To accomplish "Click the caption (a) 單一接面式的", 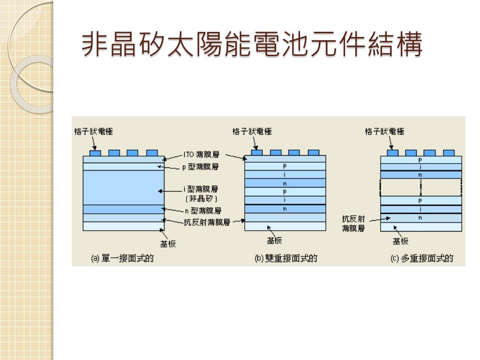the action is (x=122, y=258).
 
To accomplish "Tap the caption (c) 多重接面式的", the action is (x=422, y=258).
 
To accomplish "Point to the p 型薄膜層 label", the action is (x=200, y=166).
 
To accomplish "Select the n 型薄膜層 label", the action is (x=203, y=211).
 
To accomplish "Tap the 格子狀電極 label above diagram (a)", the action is (x=94, y=132).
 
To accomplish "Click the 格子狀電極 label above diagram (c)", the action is (x=384, y=132).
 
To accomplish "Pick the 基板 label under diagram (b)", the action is (x=274, y=241).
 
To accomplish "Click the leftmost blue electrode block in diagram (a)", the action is (x=95, y=153).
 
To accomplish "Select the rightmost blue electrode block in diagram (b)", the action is (x=314, y=153).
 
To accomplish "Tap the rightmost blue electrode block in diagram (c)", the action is (x=449, y=153).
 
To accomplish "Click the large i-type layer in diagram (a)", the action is (x=123, y=187).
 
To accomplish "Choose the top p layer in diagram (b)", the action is (x=285, y=166).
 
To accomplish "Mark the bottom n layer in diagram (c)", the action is (x=420, y=218).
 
